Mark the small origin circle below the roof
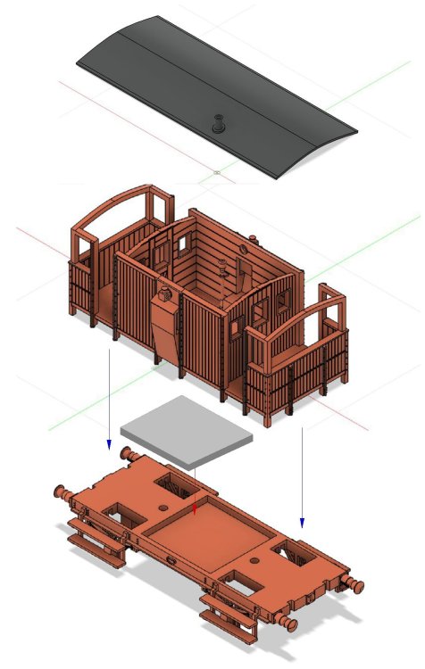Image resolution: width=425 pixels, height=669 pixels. point(217,170)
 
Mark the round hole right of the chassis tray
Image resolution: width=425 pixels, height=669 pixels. point(255,561)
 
